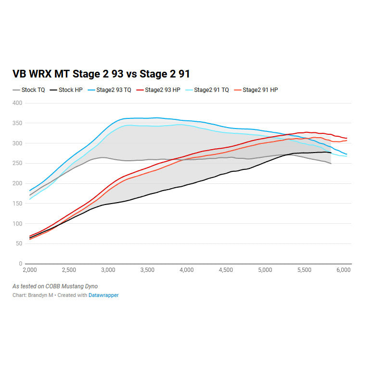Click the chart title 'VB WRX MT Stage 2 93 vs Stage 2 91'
coord(101,74)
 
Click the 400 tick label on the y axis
coord(17,103)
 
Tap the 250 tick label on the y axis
coord(17,163)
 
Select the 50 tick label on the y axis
coord(19,244)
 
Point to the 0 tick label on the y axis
coord(21,264)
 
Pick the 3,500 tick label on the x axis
coord(147,270)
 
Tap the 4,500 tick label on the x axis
coord(226,270)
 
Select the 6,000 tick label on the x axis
coord(343,270)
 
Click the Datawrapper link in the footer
coord(103,295)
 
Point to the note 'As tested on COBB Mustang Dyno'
coord(55,286)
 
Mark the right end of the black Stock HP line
coord(331,153)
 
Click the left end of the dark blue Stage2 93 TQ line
coord(30,191)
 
